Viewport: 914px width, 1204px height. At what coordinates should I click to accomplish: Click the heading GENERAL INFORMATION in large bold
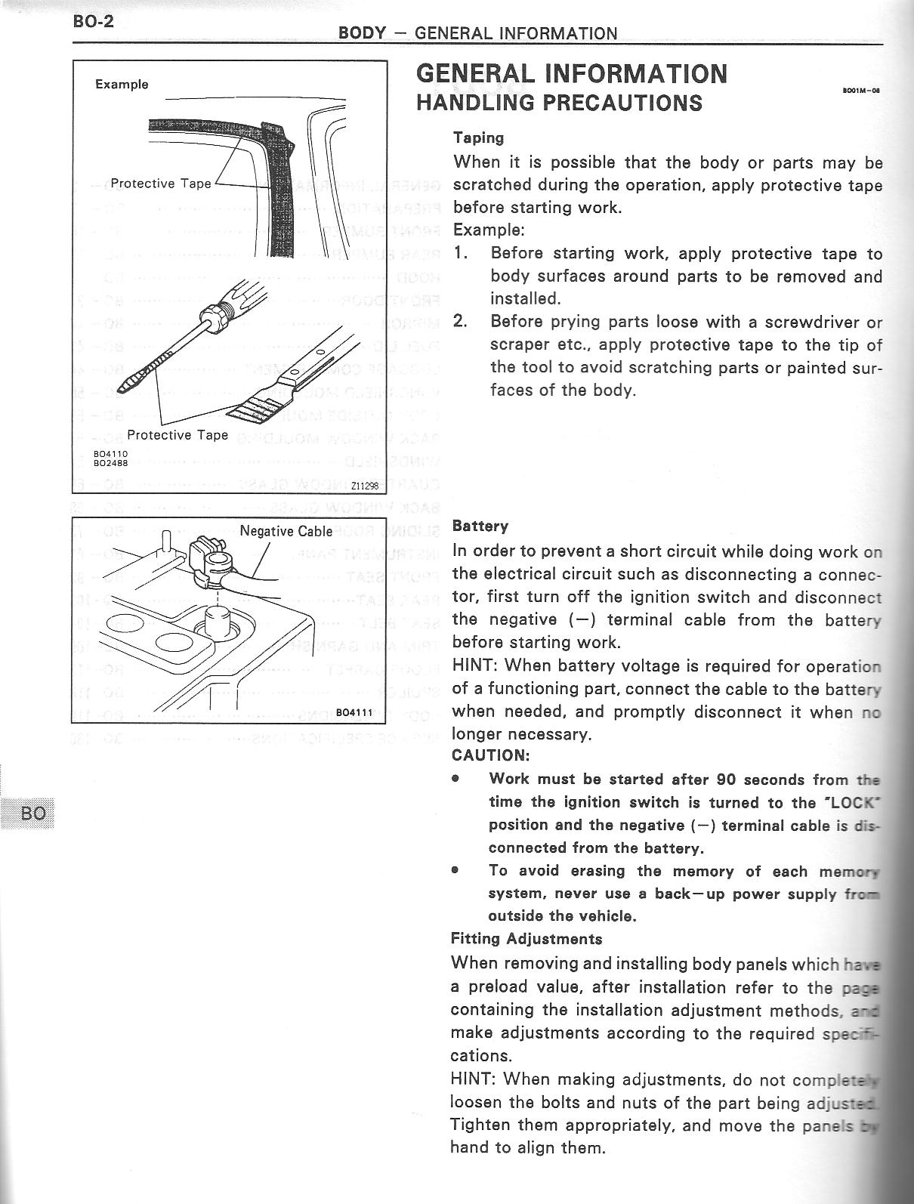click(x=572, y=73)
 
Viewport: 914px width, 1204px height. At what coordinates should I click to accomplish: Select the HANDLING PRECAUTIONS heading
click(x=559, y=102)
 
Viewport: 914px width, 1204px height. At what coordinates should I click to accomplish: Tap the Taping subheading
click(x=478, y=137)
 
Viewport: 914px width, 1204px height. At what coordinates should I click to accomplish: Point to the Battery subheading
click(x=480, y=526)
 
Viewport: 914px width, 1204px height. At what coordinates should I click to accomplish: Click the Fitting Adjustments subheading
click(x=526, y=939)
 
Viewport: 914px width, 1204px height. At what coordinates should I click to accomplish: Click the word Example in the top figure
click(x=122, y=84)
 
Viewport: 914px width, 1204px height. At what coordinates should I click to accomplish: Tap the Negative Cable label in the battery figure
click(x=286, y=531)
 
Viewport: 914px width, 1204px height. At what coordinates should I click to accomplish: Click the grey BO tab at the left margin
click(x=33, y=813)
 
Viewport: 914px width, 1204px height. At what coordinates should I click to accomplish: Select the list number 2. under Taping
click(x=461, y=322)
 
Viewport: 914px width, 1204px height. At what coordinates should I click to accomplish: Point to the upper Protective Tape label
click(x=161, y=184)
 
